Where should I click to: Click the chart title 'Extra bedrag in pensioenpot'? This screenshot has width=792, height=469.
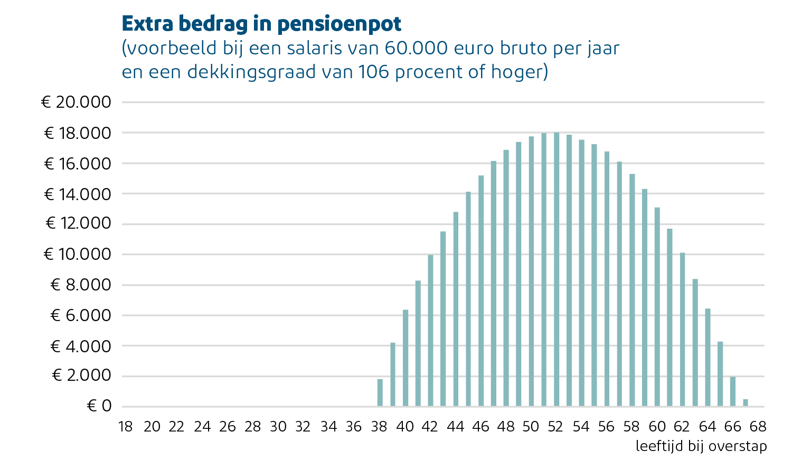261,24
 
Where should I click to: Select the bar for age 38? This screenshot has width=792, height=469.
380,393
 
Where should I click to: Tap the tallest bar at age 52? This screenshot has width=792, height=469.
557,269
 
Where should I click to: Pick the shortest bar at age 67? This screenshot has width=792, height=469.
746,403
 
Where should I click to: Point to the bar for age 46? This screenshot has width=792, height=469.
481,291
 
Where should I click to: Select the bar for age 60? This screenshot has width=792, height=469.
657,307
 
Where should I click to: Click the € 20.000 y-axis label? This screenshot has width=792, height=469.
77,102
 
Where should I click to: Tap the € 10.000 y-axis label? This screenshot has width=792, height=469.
78,255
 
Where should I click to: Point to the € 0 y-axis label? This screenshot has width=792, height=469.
99,406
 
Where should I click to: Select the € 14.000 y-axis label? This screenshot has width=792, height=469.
78,194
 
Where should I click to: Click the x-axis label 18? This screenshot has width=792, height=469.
126,427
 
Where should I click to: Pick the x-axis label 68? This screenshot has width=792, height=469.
758,427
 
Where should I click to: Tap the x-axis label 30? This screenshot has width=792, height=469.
278,427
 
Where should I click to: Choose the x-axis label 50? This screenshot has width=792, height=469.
531,427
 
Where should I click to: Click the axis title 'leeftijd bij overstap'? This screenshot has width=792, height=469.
701,446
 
